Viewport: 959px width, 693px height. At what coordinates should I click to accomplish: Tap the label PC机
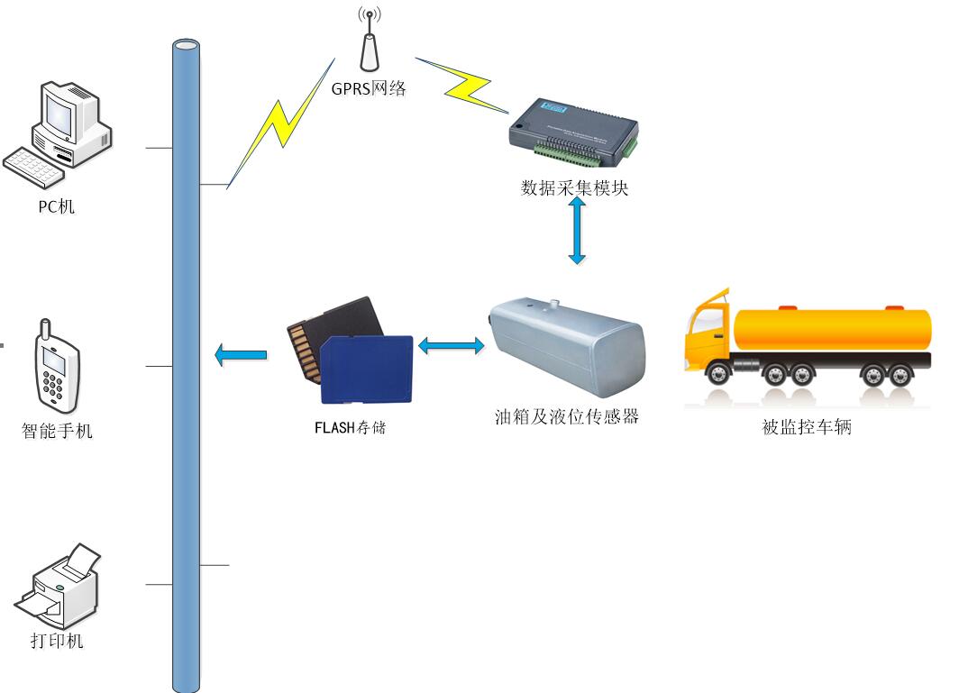tap(56, 207)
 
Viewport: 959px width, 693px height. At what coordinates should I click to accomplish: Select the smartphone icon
tap(56, 364)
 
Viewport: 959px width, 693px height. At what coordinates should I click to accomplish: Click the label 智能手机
tap(57, 431)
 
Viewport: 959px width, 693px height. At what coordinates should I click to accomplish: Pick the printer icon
tap(59, 585)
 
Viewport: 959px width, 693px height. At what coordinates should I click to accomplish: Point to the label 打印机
tap(57, 641)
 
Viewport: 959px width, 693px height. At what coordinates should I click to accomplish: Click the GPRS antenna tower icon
tap(367, 43)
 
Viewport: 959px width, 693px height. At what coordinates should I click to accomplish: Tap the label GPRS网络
tap(369, 88)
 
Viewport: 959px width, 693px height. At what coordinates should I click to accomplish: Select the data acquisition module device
tap(572, 132)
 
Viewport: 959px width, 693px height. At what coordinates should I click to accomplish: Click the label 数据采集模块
tap(574, 188)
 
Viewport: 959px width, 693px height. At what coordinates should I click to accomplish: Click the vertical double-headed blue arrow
tap(577, 231)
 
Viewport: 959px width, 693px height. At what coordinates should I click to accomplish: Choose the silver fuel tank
tap(565, 346)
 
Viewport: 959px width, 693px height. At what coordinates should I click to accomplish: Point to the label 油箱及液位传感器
tap(567, 416)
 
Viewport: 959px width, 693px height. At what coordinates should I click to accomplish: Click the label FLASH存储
tap(350, 427)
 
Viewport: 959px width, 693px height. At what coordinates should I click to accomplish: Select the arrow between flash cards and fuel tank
tap(451, 344)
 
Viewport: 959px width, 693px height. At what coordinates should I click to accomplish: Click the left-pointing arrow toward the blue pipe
tap(242, 355)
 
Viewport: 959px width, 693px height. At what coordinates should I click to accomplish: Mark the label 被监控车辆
tap(807, 427)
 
